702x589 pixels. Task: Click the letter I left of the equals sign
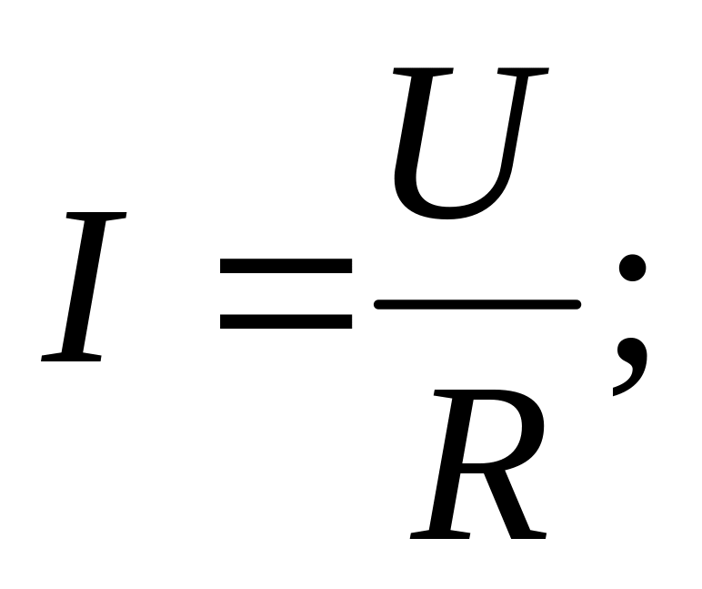pos(84,286)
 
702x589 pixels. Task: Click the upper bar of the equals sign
pos(286,266)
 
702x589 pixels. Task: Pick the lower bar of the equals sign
pos(286,321)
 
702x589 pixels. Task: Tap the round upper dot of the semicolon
pos(632,269)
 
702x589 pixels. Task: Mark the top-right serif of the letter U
pos(526,72)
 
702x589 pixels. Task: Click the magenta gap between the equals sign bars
pos(286,294)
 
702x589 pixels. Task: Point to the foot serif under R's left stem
pos(435,533)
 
